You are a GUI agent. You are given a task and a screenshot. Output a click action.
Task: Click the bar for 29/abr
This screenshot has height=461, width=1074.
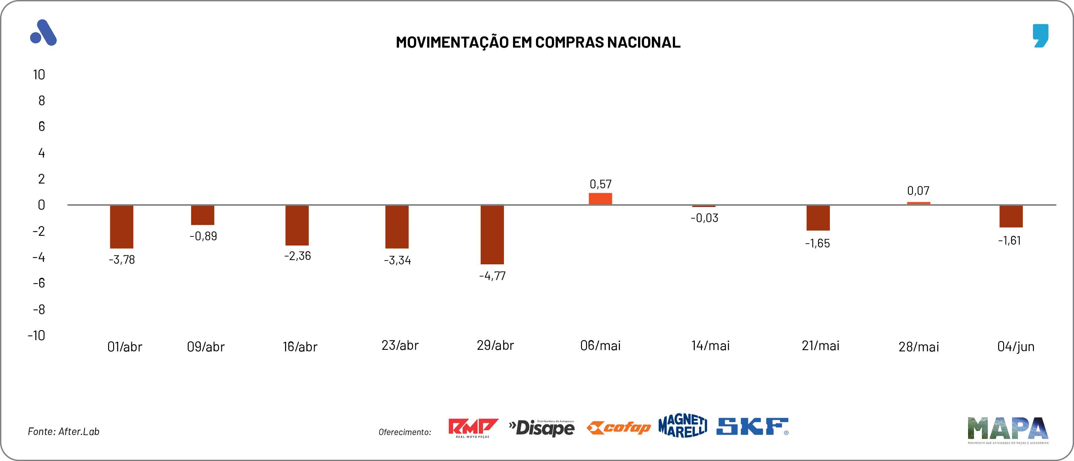click(x=492, y=234)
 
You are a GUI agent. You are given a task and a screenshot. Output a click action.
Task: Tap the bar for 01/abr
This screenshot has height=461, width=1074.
click(x=121, y=226)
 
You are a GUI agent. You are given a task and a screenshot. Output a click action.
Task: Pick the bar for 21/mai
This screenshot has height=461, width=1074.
click(x=818, y=218)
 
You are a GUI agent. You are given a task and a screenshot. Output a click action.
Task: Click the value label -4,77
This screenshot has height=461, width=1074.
click(x=492, y=276)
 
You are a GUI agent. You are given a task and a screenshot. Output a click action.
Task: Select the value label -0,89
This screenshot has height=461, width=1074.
click(x=203, y=236)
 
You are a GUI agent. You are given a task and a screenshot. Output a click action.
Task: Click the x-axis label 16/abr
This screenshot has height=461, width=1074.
click(x=300, y=347)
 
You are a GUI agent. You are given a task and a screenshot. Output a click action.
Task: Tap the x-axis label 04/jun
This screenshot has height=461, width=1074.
click(x=1016, y=347)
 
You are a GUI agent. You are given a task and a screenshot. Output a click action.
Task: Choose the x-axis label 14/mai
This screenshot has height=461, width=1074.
click(x=710, y=345)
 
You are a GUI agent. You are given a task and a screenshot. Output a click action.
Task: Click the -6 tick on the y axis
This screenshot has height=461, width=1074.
click(x=39, y=283)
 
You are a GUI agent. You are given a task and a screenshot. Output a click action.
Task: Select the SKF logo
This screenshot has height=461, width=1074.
click(x=752, y=427)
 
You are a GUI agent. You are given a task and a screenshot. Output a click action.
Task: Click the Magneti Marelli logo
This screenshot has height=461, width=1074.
click(x=683, y=426)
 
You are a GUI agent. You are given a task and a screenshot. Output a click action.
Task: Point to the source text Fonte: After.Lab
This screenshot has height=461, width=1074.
click(x=63, y=432)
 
